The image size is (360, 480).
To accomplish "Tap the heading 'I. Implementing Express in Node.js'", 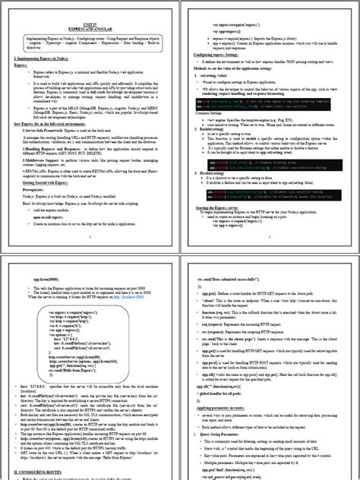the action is click(47, 58).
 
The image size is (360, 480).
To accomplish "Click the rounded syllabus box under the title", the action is click(91, 42).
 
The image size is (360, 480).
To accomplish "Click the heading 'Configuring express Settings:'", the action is click(221, 55).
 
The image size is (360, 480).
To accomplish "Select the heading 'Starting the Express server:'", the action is click(219, 207).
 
